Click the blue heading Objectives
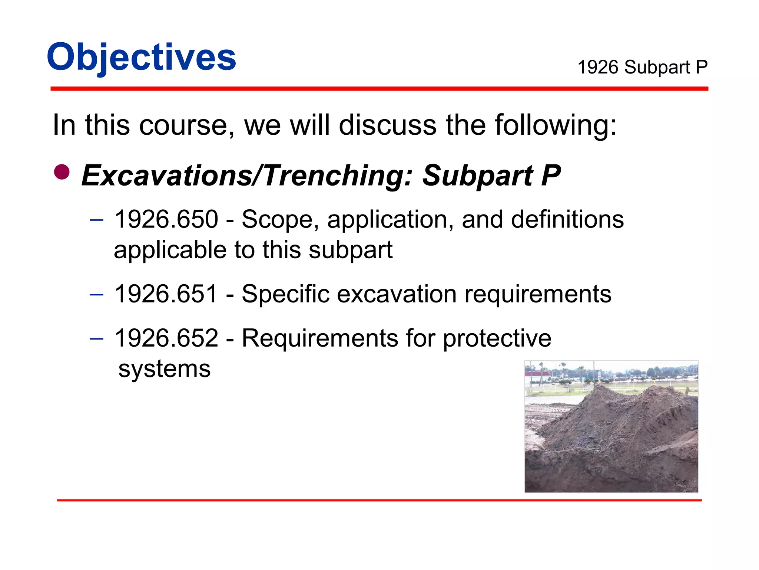[x=141, y=58]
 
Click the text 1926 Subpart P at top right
[x=642, y=68]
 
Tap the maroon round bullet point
[x=62, y=172]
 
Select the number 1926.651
[x=166, y=294]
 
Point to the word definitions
[x=567, y=219]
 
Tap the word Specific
[x=285, y=294]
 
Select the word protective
[x=497, y=338]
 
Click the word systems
[x=165, y=369]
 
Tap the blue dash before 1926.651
[x=97, y=295]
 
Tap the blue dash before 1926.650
[x=97, y=220]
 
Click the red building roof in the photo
[x=536, y=374]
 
